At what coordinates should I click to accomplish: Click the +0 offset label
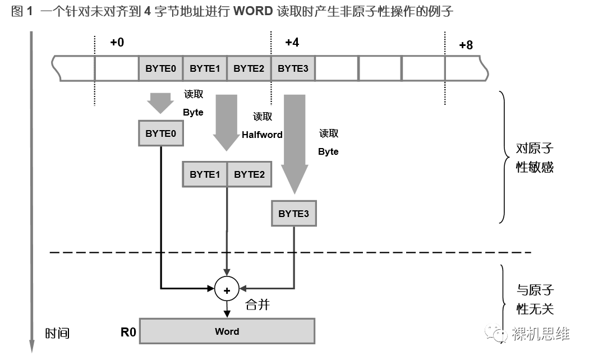click(x=117, y=43)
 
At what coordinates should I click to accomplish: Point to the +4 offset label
click(x=292, y=43)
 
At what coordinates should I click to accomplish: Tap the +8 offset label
click(x=466, y=45)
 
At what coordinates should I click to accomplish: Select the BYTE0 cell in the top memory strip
click(x=161, y=69)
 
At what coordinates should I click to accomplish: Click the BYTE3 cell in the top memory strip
click(x=293, y=69)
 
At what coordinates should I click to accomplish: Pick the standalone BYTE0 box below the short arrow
click(x=161, y=133)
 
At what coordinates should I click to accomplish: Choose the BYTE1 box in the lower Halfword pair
click(x=205, y=174)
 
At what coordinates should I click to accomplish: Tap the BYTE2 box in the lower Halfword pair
click(x=249, y=174)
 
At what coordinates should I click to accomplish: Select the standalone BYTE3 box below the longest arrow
click(x=293, y=214)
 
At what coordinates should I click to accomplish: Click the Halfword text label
click(x=262, y=135)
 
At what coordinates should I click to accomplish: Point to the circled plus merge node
click(x=227, y=290)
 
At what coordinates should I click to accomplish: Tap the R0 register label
click(x=128, y=332)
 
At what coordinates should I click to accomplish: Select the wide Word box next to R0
click(x=227, y=331)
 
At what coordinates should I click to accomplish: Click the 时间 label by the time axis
click(x=57, y=333)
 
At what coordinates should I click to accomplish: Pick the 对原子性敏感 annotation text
click(x=534, y=158)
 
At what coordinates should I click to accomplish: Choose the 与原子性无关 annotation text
click(x=534, y=299)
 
